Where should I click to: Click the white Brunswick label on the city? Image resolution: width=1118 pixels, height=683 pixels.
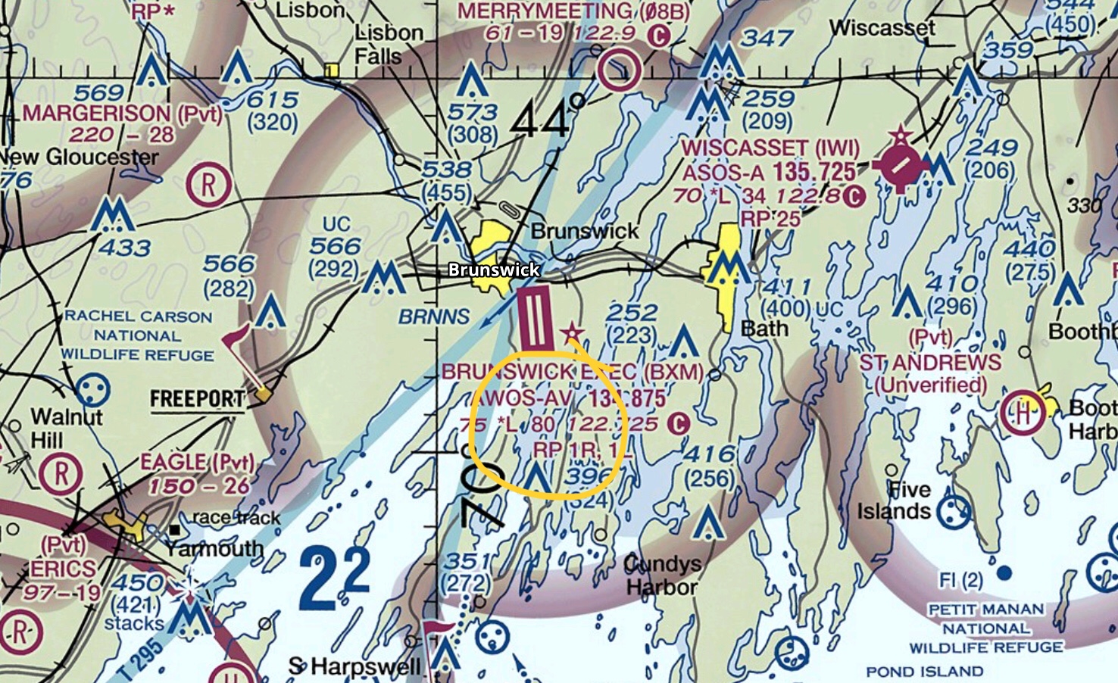click(494, 270)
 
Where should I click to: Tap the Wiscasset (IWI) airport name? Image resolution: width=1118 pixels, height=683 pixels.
click(769, 148)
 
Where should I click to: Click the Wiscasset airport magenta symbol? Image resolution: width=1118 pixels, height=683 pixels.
click(900, 164)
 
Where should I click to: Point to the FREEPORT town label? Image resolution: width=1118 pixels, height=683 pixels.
click(197, 399)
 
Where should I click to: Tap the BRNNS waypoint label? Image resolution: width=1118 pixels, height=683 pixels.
click(434, 317)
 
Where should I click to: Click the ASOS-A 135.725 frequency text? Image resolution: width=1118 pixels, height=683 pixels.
click(769, 173)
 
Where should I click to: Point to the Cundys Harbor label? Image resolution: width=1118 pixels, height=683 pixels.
click(662, 575)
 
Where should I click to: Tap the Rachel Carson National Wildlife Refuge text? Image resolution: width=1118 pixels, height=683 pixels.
click(138, 335)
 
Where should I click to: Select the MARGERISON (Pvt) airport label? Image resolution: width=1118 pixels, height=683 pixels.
click(122, 114)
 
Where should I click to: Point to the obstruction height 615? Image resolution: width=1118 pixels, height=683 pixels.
click(273, 100)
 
